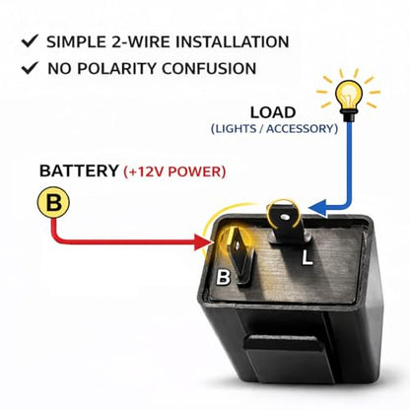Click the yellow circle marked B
click(53, 202)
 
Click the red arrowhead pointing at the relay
click(203, 242)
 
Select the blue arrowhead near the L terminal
click(318, 208)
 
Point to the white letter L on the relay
click(307, 257)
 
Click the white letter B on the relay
click(223, 277)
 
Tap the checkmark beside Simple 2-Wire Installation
click(30, 41)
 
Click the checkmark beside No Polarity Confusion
click(30, 68)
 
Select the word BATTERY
click(79, 171)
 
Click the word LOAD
click(273, 112)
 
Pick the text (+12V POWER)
click(174, 171)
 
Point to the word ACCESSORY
click(302, 129)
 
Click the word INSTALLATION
click(232, 42)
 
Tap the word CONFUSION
click(209, 68)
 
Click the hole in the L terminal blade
click(285, 217)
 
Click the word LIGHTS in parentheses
click(234, 129)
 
